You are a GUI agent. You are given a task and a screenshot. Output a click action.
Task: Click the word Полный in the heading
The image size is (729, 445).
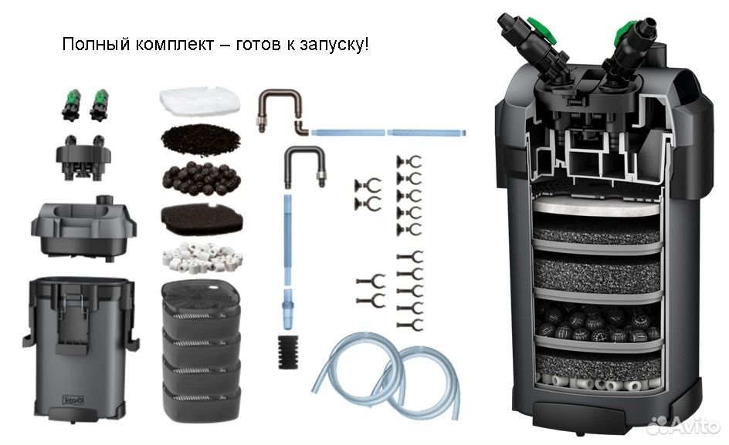click(96, 44)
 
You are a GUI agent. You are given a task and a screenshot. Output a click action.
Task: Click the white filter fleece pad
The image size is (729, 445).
click(199, 100)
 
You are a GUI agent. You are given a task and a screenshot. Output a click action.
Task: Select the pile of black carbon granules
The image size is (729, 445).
click(200, 139)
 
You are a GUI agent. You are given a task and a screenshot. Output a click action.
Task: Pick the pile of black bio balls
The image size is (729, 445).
click(202, 178)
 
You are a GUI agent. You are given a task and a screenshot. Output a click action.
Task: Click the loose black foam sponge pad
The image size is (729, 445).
click(202, 219)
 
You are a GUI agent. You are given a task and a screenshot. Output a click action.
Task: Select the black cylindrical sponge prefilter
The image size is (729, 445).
click(288, 352)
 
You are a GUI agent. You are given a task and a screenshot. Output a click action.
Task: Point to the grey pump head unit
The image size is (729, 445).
click(83, 228)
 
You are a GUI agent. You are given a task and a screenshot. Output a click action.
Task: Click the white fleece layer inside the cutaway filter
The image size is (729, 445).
click(596, 206)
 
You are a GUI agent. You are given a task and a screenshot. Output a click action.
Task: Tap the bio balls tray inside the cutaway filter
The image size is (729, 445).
click(598, 323)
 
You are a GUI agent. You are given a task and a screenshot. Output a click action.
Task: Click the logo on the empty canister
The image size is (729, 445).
click(73, 400)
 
